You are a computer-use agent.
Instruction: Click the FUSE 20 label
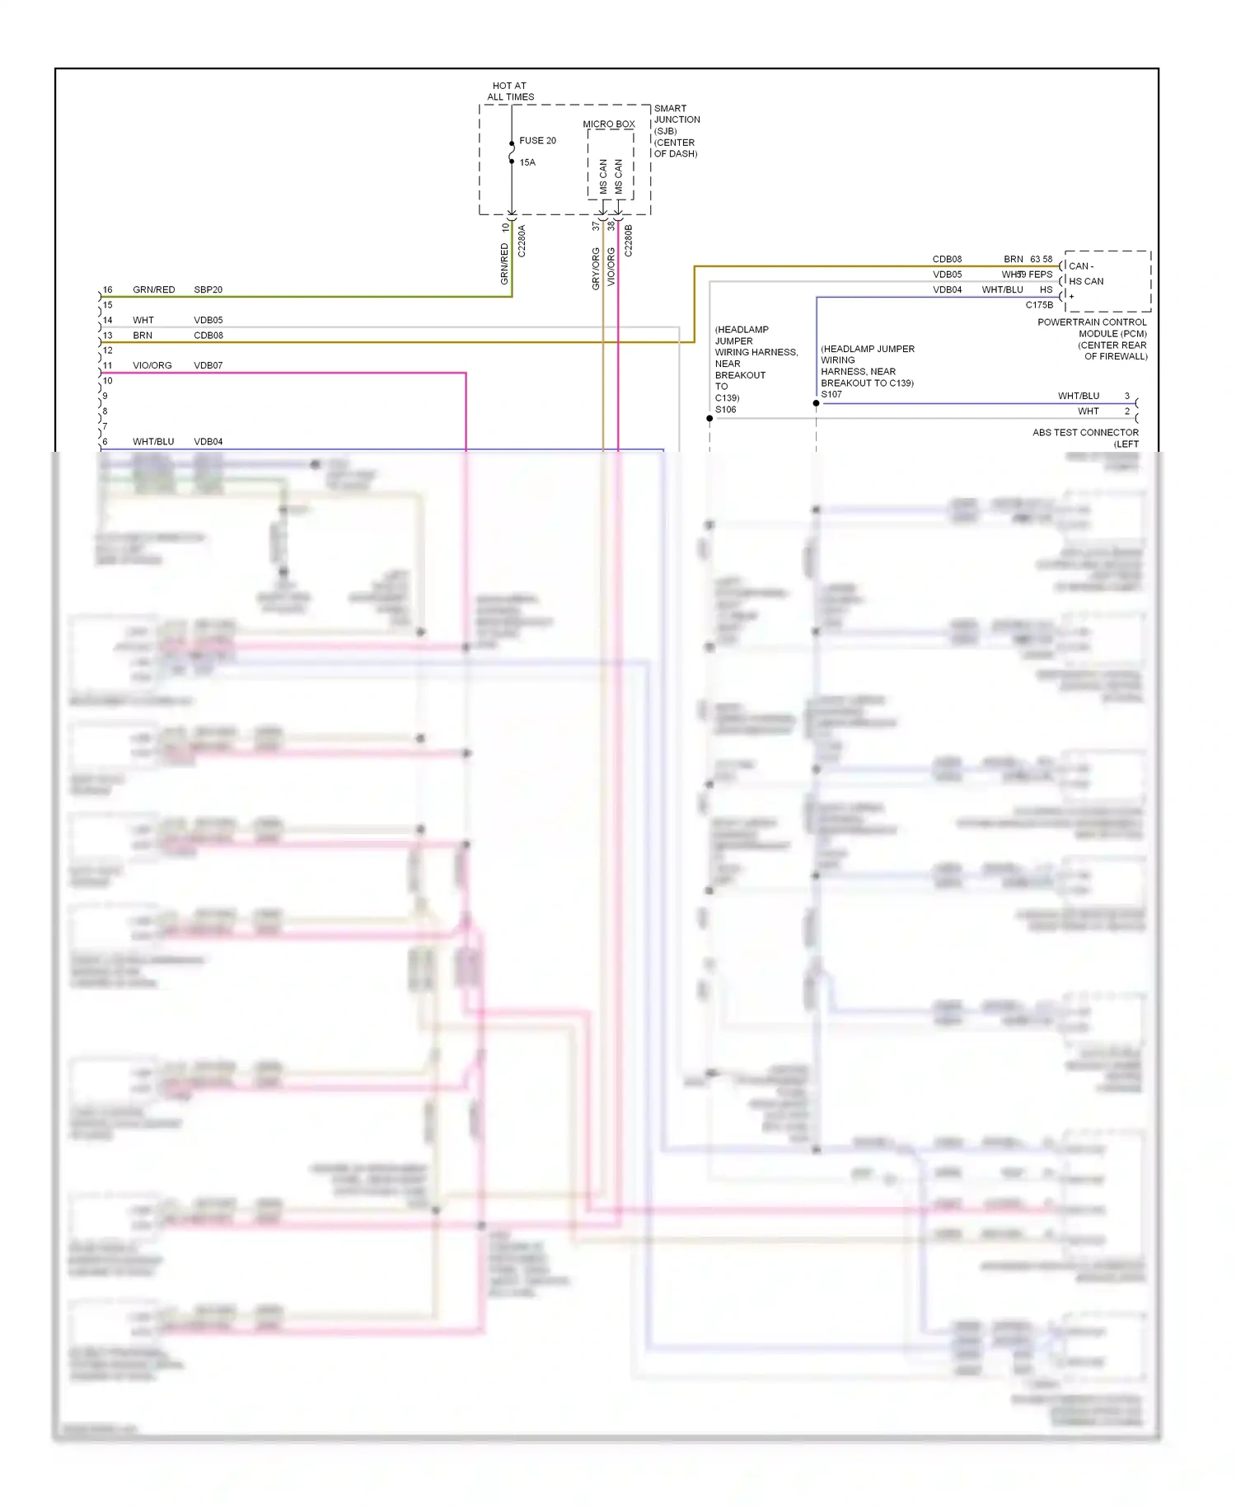537,141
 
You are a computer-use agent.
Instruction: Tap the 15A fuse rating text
527,162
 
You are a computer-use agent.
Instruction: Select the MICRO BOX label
609,124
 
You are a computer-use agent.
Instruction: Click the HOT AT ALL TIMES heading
510,92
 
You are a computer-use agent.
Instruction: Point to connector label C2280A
522,241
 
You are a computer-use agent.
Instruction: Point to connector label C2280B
629,241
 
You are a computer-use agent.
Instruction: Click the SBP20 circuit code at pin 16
208,290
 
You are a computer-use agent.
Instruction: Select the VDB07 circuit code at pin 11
208,366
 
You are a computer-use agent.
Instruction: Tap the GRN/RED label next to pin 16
154,290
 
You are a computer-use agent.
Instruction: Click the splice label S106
726,410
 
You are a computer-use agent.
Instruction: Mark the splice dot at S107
816,404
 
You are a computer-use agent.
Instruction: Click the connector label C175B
1039,305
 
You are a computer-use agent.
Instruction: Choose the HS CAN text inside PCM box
1086,281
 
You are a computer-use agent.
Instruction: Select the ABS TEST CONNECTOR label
1085,433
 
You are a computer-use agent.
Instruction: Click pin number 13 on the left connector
108,336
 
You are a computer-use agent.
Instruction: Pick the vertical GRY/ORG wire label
596,269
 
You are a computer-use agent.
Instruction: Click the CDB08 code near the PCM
947,260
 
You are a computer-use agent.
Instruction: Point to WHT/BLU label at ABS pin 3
1078,397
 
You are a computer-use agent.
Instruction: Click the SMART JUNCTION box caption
677,131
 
